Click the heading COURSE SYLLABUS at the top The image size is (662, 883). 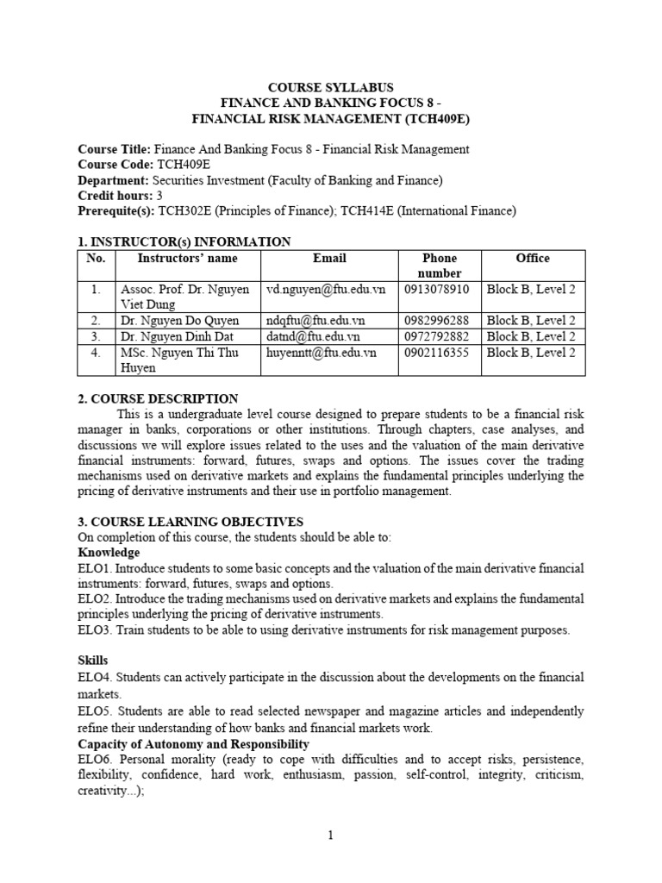[x=331, y=88]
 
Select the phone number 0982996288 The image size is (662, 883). [x=440, y=320]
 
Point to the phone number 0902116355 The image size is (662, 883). [x=440, y=353]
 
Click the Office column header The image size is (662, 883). [x=532, y=258]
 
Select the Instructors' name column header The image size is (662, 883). [x=187, y=258]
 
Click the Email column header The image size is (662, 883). [x=329, y=258]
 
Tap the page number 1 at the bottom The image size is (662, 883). [x=331, y=835]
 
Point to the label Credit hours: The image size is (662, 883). [x=115, y=195]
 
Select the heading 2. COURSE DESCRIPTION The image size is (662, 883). [x=158, y=398]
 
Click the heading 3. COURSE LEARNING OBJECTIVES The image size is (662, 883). [x=190, y=522]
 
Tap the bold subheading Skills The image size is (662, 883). [x=93, y=660]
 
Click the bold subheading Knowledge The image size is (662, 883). [x=109, y=552]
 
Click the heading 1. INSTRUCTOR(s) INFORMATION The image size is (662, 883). [x=184, y=241]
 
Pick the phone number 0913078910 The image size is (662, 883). [x=440, y=290]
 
